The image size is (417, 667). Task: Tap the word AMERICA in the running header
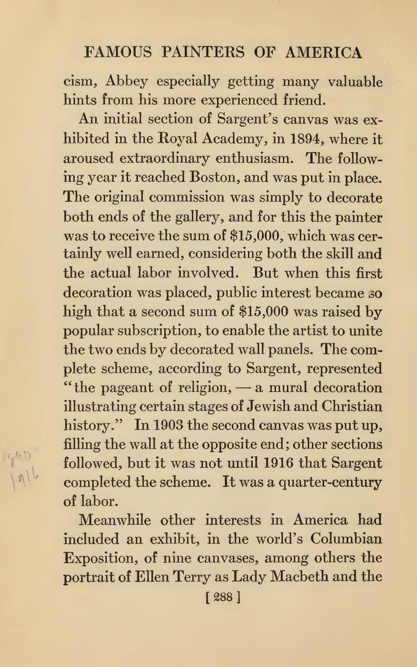pyautogui.click(x=324, y=53)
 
